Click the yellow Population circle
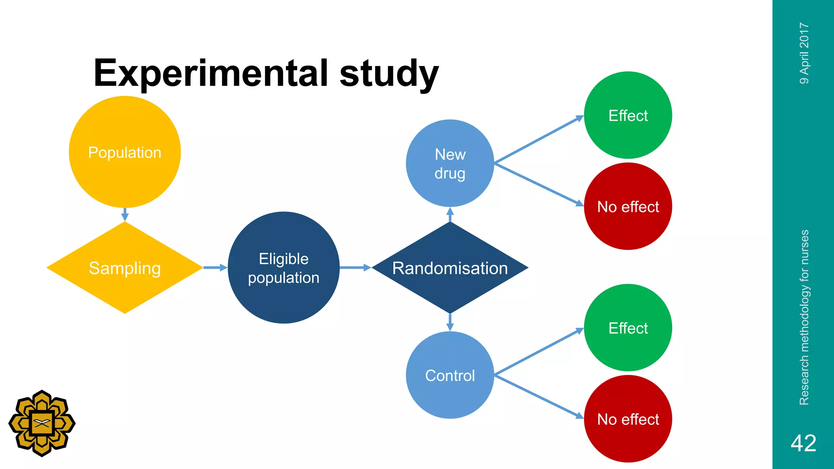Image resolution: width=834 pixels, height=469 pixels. point(125,152)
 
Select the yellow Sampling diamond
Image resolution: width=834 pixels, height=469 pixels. point(125,268)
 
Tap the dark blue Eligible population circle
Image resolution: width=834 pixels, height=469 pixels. point(283,268)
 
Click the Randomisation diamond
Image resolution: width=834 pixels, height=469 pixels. point(450,268)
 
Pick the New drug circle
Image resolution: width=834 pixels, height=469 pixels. point(450,163)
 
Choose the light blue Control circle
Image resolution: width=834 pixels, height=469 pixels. point(450,375)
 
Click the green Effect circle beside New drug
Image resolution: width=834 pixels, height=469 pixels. point(628,115)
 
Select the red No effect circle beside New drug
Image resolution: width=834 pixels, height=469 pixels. point(628,206)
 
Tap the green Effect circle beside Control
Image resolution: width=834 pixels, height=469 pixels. point(628,328)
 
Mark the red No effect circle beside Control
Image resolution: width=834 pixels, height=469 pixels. point(628,419)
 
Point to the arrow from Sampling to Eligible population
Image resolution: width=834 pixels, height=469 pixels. point(215,267)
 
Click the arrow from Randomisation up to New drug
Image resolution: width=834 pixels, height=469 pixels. point(450,215)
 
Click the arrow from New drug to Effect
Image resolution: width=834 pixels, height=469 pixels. point(538,140)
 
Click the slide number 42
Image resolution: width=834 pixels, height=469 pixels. point(803,443)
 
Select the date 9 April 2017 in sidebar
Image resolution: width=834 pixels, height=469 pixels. point(804,53)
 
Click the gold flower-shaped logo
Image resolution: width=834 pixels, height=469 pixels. point(42,423)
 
